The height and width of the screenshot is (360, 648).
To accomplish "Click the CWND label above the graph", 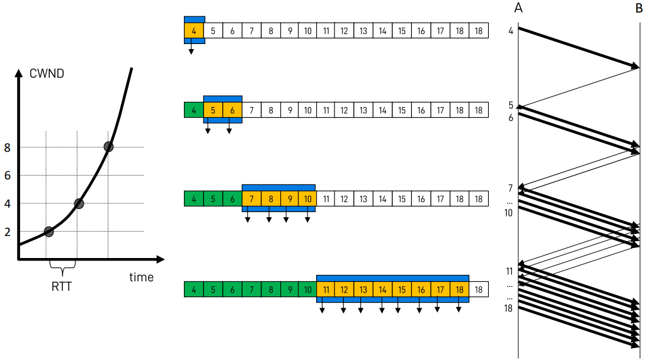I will [x=47, y=73].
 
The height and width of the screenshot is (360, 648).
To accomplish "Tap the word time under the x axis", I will [x=141, y=277].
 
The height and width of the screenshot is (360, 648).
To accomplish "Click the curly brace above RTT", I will [x=62, y=268].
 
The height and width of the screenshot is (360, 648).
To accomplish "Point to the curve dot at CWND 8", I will [x=108, y=147].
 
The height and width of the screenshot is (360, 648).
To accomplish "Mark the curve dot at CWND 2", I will [x=49, y=231].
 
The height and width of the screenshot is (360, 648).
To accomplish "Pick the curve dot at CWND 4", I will [x=79, y=203].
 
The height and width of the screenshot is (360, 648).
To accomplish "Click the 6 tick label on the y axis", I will [x=8, y=176].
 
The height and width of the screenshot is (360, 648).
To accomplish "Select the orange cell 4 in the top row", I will [x=194, y=30].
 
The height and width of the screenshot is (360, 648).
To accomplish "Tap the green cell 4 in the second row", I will [x=194, y=110].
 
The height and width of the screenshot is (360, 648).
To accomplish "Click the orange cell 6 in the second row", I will [x=232, y=110].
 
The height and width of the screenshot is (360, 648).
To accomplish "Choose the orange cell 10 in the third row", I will [x=307, y=199].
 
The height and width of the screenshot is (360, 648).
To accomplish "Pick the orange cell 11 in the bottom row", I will [x=326, y=290].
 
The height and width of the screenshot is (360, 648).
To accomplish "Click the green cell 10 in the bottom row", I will [x=307, y=290].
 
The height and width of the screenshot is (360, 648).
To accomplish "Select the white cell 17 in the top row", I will [x=440, y=30].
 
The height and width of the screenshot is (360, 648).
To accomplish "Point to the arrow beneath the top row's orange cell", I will [x=191, y=49].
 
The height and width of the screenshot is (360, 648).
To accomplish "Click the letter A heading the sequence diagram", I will [x=518, y=8].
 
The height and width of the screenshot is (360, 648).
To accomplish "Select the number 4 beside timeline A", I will [x=511, y=30].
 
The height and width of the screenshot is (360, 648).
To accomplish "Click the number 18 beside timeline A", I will [x=508, y=308].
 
